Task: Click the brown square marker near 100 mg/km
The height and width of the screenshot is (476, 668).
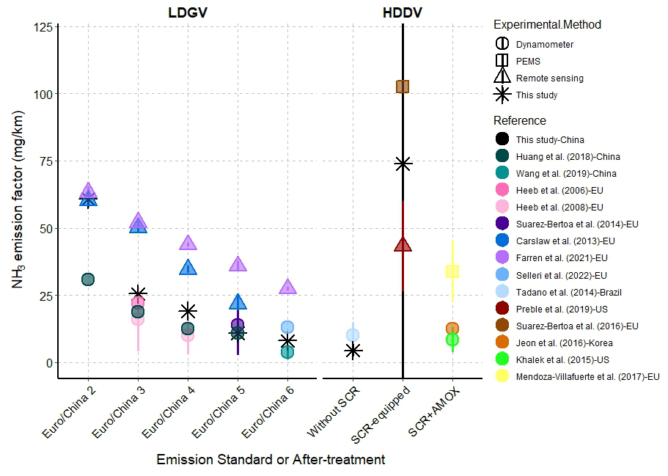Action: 403,87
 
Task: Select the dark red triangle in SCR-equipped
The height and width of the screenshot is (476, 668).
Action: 403,244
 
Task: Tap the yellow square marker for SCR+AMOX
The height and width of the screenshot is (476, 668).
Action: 452,271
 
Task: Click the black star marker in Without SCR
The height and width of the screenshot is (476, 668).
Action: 353,351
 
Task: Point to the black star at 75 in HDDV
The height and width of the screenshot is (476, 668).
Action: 403,164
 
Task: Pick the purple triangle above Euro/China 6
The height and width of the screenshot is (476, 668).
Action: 287,287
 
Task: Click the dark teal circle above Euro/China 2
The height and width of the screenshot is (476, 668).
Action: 88,279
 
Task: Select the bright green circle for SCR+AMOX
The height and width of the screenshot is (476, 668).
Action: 452,339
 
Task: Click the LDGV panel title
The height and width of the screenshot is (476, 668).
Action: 187,12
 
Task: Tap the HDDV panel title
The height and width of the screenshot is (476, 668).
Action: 403,12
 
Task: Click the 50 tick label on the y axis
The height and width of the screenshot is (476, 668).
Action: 45,228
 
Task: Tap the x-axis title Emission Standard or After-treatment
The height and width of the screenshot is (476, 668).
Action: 271,460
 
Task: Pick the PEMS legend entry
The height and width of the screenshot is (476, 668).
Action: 528,61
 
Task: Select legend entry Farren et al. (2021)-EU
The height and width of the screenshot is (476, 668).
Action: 562,258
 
